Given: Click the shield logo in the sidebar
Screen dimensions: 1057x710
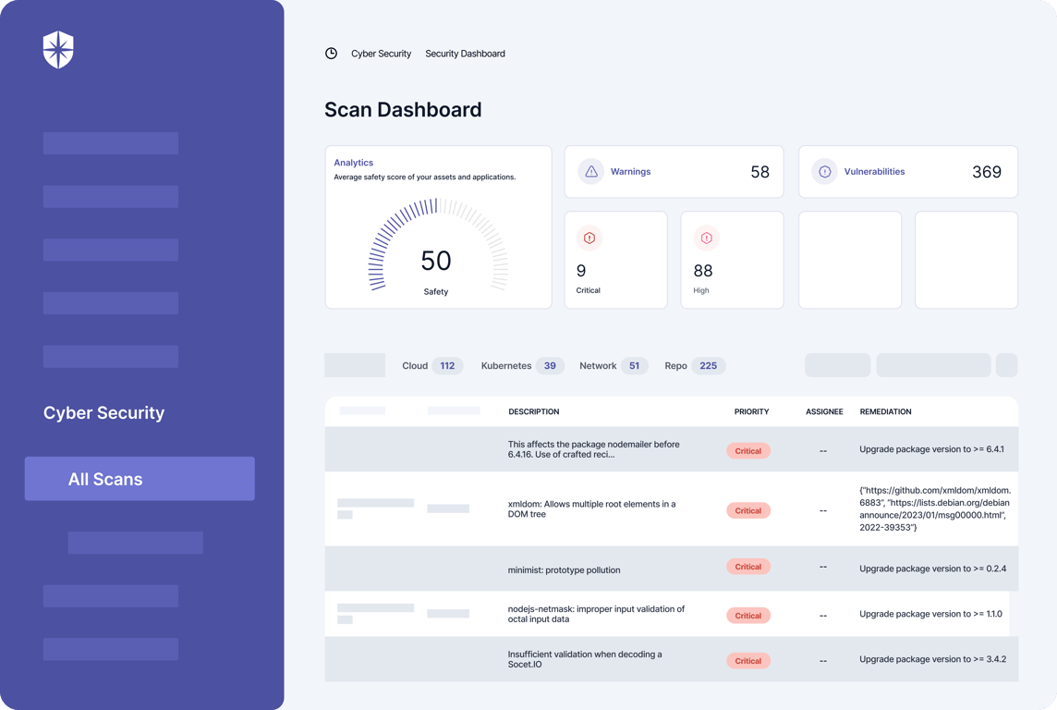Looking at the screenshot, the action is point(58,50).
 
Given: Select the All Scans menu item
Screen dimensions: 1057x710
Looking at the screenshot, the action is point(140,479).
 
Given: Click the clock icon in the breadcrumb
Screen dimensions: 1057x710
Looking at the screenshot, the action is point(331,54).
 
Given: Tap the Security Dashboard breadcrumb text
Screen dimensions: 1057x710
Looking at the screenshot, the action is point(465,54).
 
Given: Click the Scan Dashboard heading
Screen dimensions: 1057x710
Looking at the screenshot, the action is point(403,109).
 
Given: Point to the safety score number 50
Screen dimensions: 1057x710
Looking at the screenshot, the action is point(436,261).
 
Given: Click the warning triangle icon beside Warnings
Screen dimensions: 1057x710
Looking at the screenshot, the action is point(591,171).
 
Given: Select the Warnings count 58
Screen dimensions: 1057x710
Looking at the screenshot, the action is point(759,172).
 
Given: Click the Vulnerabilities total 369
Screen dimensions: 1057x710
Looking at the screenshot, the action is point(987,172).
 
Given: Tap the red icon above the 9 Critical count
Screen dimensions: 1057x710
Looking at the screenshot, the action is point(589,238).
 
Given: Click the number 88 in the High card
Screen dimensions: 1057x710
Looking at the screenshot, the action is point(703,271).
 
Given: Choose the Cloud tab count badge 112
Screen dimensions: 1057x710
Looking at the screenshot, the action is point(447,366).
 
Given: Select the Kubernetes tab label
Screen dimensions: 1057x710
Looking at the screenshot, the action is point(506,366).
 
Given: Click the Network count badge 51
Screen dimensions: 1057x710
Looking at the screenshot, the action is point(635,366).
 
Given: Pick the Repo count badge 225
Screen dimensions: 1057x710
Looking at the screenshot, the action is point(709,366).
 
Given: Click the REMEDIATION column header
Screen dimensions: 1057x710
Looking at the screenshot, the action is point(886,412).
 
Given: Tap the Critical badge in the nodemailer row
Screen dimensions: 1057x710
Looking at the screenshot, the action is point(748,451).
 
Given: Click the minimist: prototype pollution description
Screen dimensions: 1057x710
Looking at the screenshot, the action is point(565,569).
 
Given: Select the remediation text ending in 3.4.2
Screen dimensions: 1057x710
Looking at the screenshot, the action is point(933,659).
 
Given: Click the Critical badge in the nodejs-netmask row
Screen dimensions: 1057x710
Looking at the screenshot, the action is point(748,616).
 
